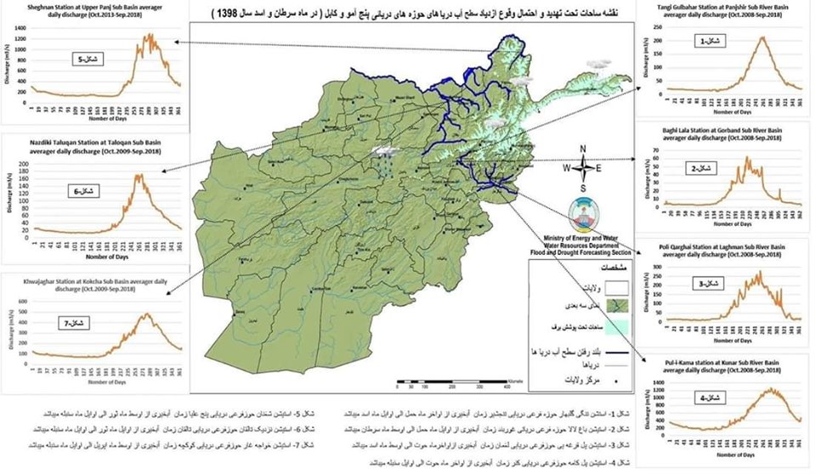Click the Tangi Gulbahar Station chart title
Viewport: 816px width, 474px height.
724,9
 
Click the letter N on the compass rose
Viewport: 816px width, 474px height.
583,150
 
